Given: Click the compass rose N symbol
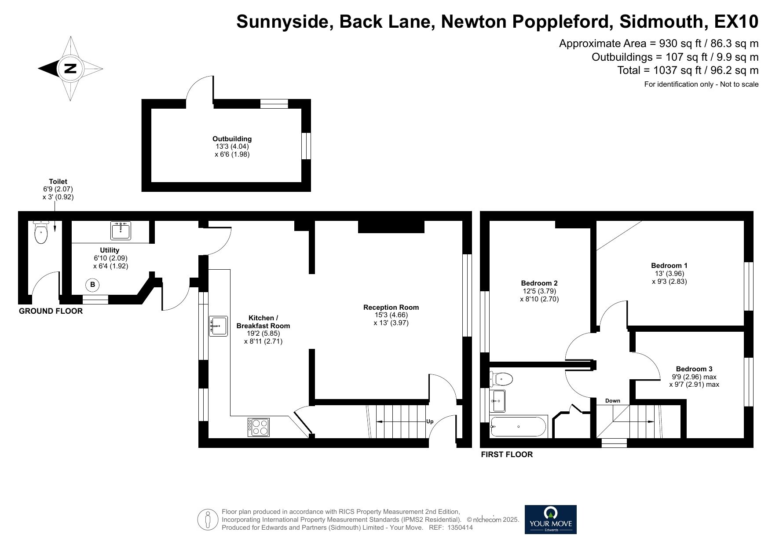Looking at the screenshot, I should coord(70,69).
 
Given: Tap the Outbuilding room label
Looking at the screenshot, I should coord(232,139).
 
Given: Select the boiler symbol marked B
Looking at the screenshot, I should coord(92,285).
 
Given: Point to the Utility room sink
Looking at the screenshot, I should coord(121,231).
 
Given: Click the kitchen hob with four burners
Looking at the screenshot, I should coord(259,427).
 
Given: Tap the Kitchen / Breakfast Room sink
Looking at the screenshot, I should coord(218,326).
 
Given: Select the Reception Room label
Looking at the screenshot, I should coord(391,308).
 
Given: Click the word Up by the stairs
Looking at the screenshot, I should coord(430,421).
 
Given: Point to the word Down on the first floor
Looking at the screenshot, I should coord(612,401).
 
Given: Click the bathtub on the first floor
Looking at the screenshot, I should coord(518,426).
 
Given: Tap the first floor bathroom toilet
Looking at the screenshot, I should coord(502,378).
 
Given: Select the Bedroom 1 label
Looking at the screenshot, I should coord(669,266).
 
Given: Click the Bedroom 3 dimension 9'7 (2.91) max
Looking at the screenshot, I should coord(694,385).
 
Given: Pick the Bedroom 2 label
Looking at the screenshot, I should coord(539,283).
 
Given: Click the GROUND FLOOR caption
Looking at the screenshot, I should coord(51,311).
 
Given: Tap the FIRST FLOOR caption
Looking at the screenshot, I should coord(506,454).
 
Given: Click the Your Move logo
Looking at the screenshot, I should coord(550,519).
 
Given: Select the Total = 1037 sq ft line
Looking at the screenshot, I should coord(688,70).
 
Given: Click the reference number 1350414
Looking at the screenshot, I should coord(460,528).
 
